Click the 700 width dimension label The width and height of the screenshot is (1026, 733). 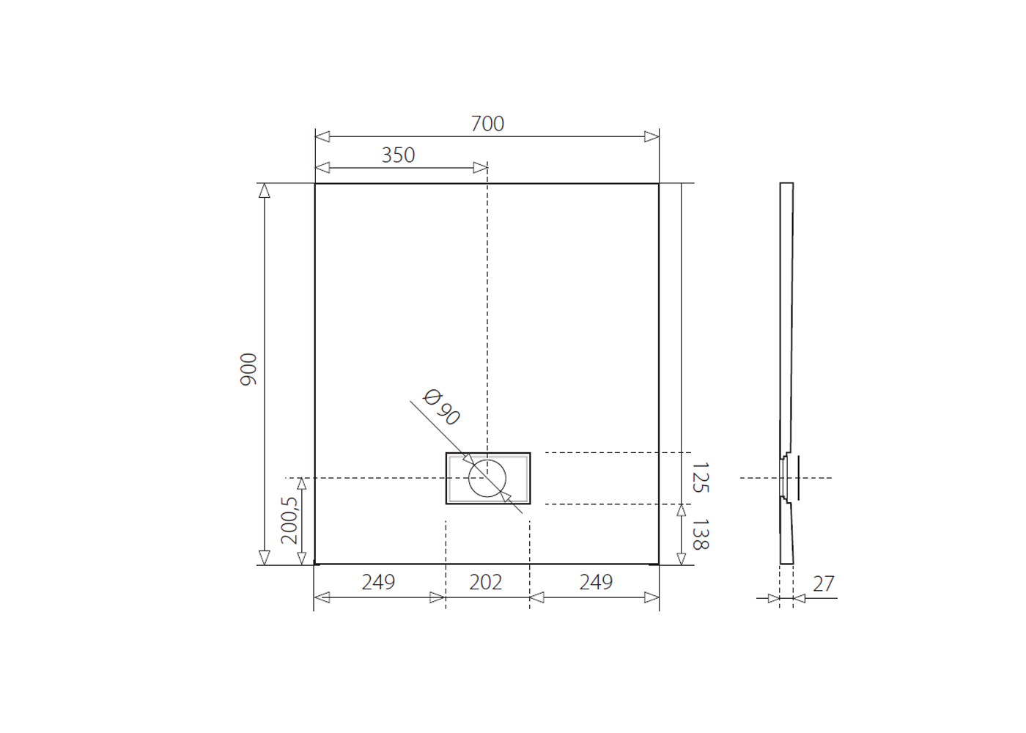tap(487, 124)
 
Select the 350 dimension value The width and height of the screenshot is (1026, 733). tap(398, 155)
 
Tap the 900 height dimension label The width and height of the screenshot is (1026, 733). tap(248, 369)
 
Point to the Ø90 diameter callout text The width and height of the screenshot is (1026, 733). tap(441, 407)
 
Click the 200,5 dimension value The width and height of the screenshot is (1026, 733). tap(289, 520)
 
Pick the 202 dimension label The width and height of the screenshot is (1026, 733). tap(485, 582)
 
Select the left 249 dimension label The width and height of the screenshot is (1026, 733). tap(378, 582)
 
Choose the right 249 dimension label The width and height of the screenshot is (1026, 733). tap(595, 582)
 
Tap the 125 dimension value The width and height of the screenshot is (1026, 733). tap(701, 477)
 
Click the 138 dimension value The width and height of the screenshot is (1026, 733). tap(701, 534)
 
